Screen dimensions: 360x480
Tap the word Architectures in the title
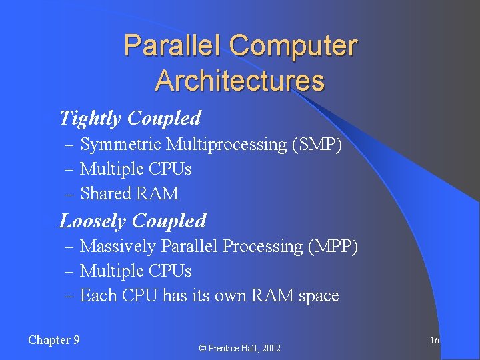coord(239,81)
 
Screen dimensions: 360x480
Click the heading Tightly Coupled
coord(130,119)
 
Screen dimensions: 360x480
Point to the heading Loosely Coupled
coord(133,221)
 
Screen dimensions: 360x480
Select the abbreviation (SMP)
coord(317,145)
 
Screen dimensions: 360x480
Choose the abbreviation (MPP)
coord(333,247)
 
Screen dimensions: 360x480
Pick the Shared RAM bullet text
coord(129,194)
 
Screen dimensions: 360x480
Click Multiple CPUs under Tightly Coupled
coord(135,169)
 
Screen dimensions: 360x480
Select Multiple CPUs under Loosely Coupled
coord(135,271)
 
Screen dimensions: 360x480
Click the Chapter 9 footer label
coord(54,340)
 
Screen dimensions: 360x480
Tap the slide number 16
coord(434,341)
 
